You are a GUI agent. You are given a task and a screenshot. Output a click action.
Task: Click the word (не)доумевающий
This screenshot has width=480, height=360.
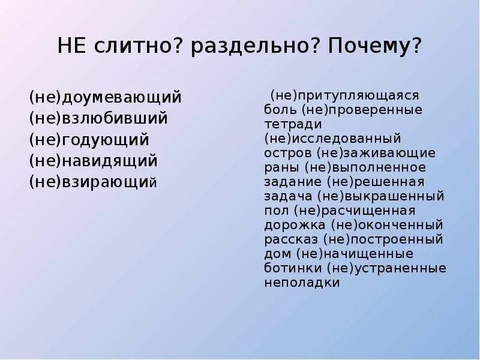pos(105,97)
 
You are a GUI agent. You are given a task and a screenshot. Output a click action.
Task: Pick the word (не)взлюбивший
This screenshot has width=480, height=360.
pos(98,118)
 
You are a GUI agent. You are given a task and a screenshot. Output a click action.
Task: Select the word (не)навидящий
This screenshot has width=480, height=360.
pos(93,161)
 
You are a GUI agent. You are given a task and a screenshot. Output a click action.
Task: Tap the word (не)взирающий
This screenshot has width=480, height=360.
pos(93,182)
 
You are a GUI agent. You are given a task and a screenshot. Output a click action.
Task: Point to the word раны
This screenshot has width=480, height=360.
pos(281,167)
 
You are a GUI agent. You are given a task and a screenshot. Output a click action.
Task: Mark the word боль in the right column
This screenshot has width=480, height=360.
pos(280,110)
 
